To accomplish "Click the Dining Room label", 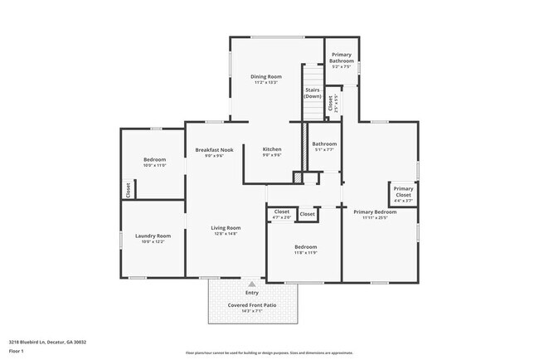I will click(x=266, y=76).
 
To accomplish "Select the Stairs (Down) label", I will click(x=313, y=93).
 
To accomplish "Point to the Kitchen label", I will click(x=272, y=149).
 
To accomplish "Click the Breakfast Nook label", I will click(x=214, y=149).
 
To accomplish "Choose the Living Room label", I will click(x=225, y=228).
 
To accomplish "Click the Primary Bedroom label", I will click(x=375, y=212).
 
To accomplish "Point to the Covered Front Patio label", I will click(x=252, y=304).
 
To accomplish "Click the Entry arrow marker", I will click(x=252, y=284).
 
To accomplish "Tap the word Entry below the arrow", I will click(x=252, y=292).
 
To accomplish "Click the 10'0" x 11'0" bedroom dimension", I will click(x=154, y=165).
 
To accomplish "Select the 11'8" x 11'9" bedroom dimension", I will click(x=305, y=253).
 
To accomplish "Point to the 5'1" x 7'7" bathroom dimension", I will click(x=323, y=150).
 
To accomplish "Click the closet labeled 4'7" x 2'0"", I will click(x=281, y=217).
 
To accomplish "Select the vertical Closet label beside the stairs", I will click(x=330, y=103).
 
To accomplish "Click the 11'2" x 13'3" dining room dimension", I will click(x=266, y=82).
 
